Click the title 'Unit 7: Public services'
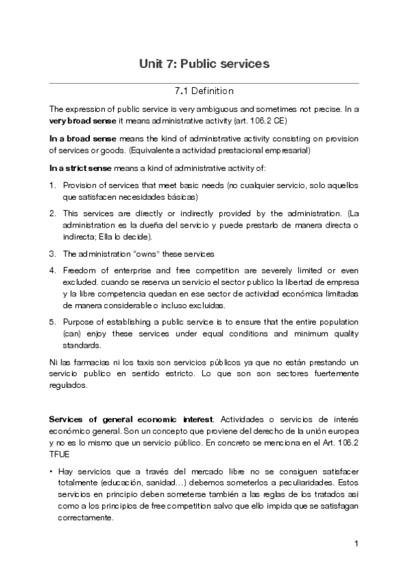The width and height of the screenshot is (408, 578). click(204, 63)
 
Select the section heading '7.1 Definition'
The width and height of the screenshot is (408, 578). click(204, 91)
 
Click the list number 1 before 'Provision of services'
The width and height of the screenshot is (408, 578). click(52, 185)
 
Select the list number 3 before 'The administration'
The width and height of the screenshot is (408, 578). click(52, 254)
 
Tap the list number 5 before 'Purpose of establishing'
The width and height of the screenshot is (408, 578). click(52, 322)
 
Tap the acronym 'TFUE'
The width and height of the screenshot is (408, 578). click(60, 451)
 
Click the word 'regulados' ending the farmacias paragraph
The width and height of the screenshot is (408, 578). click(68, 385)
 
